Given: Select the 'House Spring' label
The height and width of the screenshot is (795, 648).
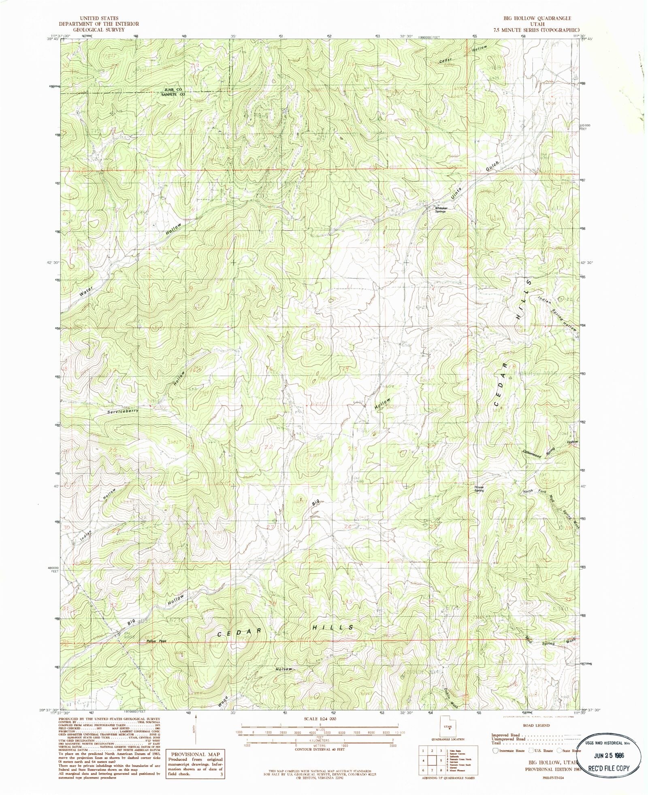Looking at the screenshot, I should click(480, 489).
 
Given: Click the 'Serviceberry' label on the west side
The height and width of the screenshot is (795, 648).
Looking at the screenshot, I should click(123, 411).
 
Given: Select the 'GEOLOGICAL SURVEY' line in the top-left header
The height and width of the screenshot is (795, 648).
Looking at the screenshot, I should click(99, 30).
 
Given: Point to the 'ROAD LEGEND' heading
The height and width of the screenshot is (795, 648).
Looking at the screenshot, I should click(536, 725).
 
